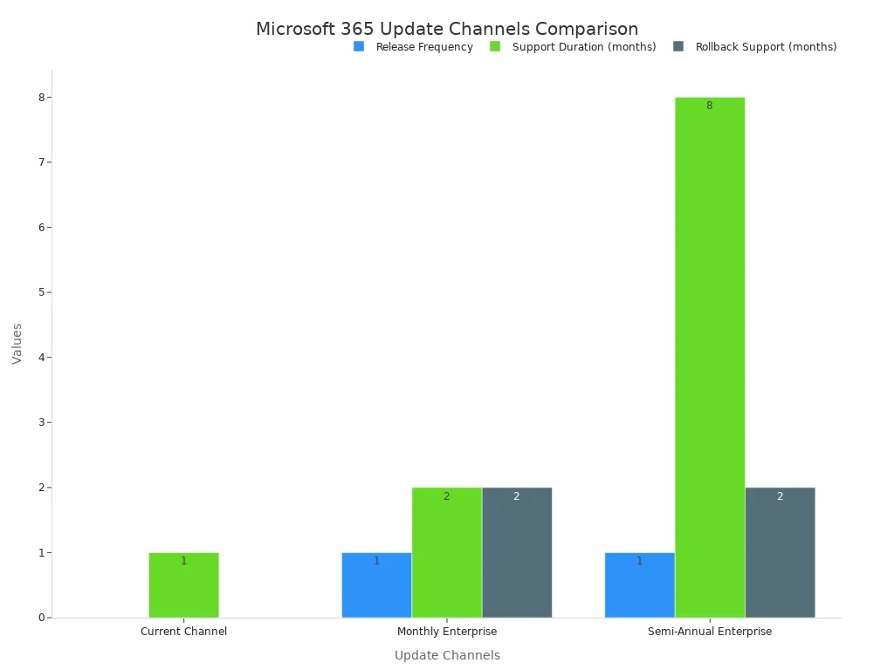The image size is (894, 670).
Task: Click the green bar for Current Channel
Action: click(183, 585)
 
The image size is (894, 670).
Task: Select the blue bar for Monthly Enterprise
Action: click(376, 585)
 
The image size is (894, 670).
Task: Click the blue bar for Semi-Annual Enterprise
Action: click(639, 585)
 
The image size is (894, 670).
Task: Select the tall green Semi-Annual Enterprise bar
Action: click(709, 358)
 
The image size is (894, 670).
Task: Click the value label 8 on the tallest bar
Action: click(709, 106)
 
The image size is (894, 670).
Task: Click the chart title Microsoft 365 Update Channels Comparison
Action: click(447, 29)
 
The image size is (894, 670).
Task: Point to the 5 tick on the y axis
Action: click(40, 292)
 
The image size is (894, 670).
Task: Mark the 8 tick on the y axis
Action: click(40, 97)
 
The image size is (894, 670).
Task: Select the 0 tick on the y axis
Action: click(40, 618)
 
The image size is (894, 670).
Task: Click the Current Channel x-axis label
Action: click(183, 632)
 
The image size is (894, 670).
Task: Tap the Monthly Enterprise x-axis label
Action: click(446, 632)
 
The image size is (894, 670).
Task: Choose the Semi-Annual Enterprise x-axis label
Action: click(709, 632)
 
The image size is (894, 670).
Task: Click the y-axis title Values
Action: click(17, 344)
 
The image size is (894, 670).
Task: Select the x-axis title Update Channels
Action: click(447, 655)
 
